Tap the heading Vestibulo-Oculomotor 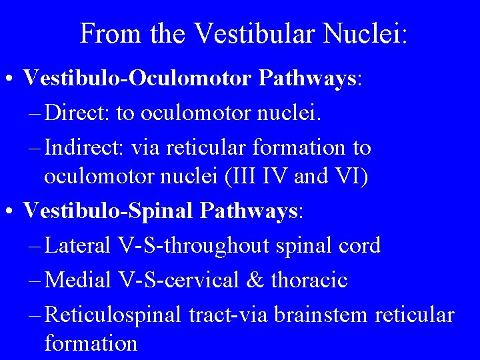(136, 79)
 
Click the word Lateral (78, 245)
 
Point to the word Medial (78, 279)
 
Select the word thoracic (309, 279)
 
